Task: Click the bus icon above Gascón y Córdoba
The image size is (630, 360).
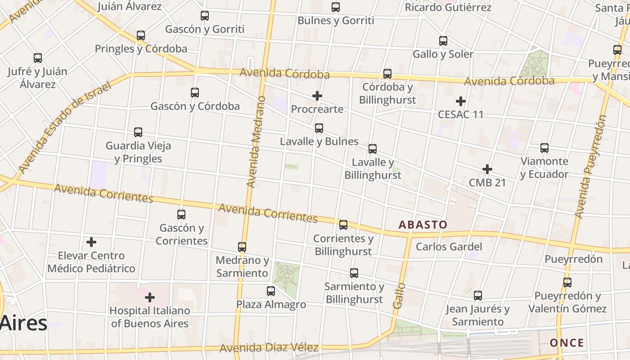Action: click(x=195, y=93)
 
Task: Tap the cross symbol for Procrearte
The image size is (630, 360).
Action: click(x=317, y=96)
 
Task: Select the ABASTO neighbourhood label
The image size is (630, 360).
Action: click(x=423, y=225)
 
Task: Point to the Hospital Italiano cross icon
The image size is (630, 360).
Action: click(x=150, y=297)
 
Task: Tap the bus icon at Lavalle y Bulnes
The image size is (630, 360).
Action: click(x=319, y=128)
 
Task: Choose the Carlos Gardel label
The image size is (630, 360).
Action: click(x=449, y=247)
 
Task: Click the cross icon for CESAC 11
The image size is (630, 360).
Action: click(x=461, y=101)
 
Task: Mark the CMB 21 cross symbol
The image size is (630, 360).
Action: click(x=487, y=169)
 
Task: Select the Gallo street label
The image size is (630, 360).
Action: click(x=399, y=296)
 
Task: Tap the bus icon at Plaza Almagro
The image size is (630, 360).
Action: click(x=271, y=291)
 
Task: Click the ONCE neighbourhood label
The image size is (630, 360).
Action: click(x=567, y=343)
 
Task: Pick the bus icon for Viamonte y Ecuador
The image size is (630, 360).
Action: click(x=544, y=148)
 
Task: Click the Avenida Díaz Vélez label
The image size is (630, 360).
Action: click(x=269, y=348)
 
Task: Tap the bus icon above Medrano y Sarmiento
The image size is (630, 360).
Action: click(x=242, y=247)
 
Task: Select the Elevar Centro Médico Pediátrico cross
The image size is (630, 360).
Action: click(x=91, y=243)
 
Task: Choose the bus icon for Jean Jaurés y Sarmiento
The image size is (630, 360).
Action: click(x=478, y=296)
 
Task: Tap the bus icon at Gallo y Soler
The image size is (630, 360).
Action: click(x=443, y=41)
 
